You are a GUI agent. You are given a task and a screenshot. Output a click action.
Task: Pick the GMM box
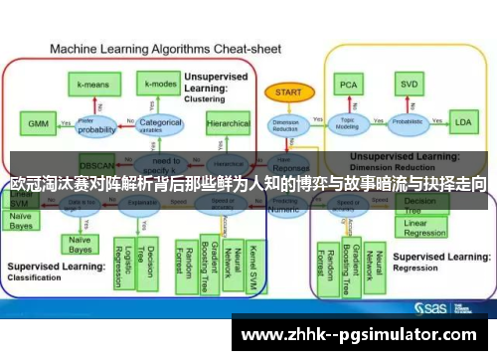click(37, 124)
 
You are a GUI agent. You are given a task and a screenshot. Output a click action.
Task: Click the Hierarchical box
click(228, 124)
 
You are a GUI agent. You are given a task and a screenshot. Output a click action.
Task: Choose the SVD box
click(408, 84)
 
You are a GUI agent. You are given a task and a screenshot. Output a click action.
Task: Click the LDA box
click(462, 123)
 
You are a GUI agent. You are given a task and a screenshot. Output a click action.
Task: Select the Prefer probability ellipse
click(96, 126)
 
